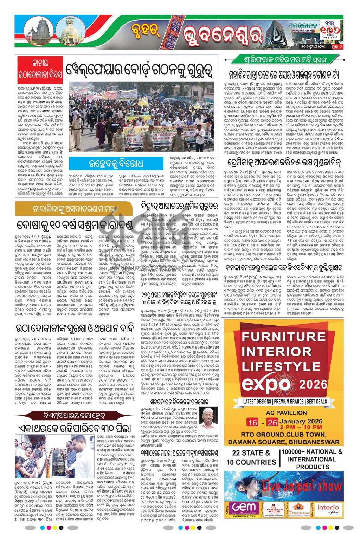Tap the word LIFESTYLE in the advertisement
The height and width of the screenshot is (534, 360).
283,367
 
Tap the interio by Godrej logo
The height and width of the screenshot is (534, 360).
328,508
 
